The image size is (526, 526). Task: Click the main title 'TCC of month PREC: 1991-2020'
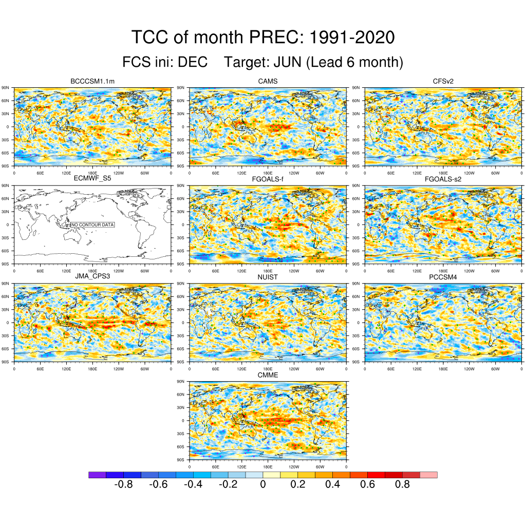pos(262,37)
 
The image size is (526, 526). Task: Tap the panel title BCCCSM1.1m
pos(92,81)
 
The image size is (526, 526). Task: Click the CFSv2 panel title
pos(443,81)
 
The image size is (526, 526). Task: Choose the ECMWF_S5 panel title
pos(92,179)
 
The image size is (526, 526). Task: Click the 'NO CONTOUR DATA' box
pos(92,225)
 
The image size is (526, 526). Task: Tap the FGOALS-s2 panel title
pos(443,179)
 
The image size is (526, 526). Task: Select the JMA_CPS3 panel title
pos(92,277)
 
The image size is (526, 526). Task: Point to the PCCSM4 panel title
pos(443,277)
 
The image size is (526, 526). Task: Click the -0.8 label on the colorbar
pos(123,485)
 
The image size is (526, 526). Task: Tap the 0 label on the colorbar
pos(262,485)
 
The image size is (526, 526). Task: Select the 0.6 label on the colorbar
pos(367,485)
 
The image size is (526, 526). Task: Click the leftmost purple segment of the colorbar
pos(97,475)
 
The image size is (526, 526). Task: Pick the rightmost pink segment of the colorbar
pos(428,475)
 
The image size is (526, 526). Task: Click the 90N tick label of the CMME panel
pos(180,382)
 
